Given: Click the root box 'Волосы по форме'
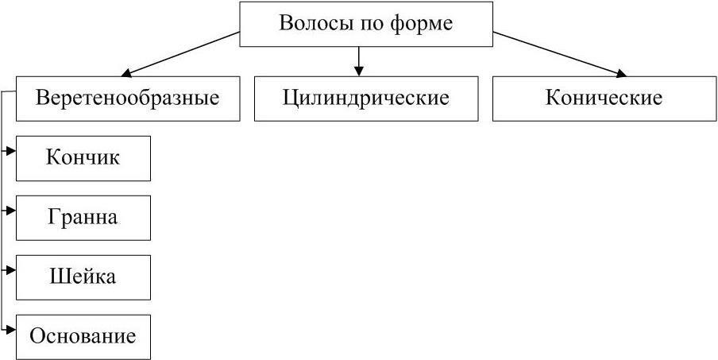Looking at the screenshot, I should [365, 24].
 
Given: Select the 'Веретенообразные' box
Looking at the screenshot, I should [127, 99].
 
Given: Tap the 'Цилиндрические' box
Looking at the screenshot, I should [365, 99].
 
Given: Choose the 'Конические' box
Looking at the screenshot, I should [604, 99].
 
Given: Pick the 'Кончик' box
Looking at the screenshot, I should [83, 157].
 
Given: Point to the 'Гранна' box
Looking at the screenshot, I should [83, 217].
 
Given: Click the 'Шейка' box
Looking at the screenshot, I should [83, 277].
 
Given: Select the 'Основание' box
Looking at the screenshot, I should [83, 336].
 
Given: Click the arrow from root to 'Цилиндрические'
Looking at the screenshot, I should [359, 62].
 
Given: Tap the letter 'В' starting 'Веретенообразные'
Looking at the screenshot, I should [43, 99].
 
